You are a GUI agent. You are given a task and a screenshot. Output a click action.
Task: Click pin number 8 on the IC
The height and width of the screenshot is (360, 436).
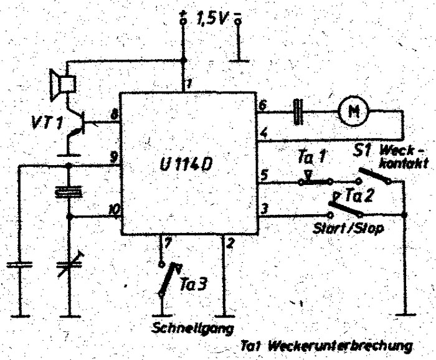click(113, 115)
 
